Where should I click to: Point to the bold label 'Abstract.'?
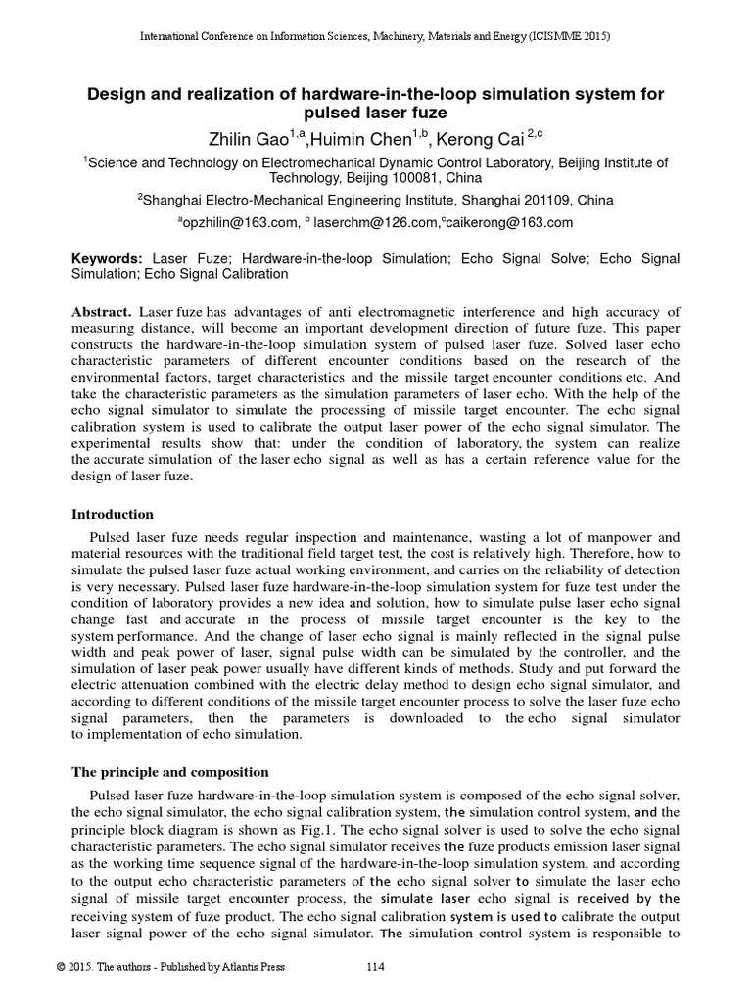[103, 311]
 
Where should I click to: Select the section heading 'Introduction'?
[113, 514]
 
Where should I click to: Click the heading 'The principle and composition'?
[170, 772]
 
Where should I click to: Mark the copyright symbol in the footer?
[61, 968]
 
